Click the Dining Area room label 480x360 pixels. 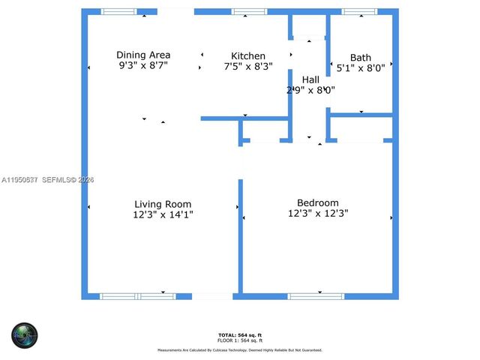143,55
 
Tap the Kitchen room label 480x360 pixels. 248,56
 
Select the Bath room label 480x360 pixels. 360,58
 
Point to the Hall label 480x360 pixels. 310,79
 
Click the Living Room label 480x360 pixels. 163,204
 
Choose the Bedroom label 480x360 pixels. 318,202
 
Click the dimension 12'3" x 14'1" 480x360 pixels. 162,215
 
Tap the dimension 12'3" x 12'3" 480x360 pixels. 318,214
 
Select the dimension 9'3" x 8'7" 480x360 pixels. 143,66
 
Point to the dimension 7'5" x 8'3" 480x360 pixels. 248,67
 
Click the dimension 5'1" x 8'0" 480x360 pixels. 360,67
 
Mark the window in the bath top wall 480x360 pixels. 359,12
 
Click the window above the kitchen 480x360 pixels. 249,12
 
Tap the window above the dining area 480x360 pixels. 119,12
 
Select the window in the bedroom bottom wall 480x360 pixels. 316,296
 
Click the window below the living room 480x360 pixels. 138,296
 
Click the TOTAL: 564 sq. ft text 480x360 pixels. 240,334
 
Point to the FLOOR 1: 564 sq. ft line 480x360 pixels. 240,340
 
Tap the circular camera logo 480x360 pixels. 24,334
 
